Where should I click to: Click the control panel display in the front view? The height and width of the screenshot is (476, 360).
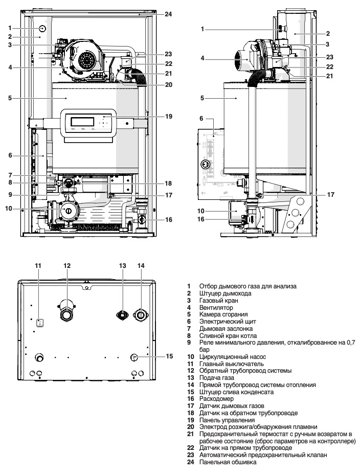82,122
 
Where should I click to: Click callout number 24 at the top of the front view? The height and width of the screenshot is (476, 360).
168,14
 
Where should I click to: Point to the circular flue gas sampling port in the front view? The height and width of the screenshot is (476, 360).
43,28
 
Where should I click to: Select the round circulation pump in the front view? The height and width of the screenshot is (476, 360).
67,210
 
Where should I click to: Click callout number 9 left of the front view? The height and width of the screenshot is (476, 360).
10,195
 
